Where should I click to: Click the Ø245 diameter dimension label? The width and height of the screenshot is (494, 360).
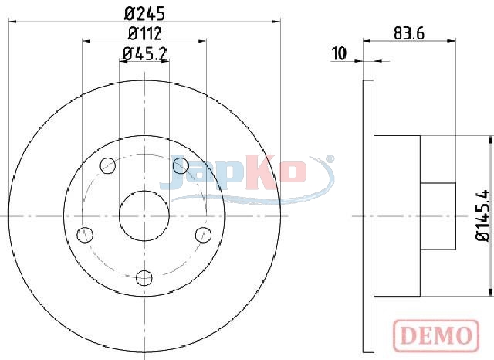pyautogui.click(x=144, y=14)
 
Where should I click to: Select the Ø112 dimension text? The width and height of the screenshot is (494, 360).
pyautogui.click(x=145, y=33)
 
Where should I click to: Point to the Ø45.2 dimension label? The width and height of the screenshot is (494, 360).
pyautogui.click(x=144, y=54)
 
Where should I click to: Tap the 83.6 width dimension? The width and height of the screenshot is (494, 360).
pyautogui.click(x=409, y=33)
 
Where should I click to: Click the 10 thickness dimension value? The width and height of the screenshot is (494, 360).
pyautogui.click(x=340, y=53)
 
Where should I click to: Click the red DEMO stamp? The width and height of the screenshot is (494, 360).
pyautogui.click(x=436, y=335)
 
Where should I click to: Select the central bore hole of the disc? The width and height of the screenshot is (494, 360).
pyautogui.click(x=144, y=216)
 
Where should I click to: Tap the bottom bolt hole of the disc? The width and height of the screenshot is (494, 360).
pyautogui.click(x=144, y=277)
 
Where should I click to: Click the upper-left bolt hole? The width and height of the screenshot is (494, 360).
pyautogui.click(x=107, y=165)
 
